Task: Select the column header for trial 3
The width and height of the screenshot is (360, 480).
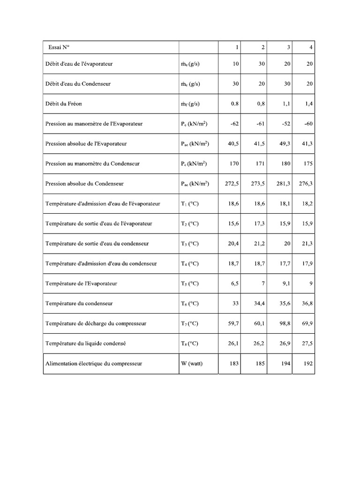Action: pos(288,47)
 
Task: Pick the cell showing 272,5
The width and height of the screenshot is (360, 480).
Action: pos(232,184)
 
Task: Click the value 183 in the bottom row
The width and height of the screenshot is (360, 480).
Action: pos(235,364)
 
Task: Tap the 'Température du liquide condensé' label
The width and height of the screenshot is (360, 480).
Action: pos(85,344)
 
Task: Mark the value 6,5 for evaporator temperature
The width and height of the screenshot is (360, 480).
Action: pos(235,284)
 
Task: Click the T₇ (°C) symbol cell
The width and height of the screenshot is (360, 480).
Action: pos(189,323)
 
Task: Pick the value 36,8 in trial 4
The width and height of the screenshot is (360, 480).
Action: pos(307,304)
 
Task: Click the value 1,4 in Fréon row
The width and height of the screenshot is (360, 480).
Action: pos(309,104)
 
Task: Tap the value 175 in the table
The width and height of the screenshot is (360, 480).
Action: pos(308,164)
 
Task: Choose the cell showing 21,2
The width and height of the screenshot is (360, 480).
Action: pos(259,244)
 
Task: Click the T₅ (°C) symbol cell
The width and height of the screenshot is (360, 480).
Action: pos(189,284)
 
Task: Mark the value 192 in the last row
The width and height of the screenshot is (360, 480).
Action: pos(308,364)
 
